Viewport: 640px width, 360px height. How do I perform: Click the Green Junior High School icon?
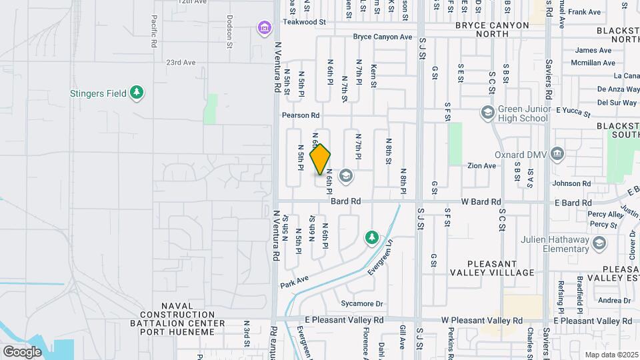click(487, 112)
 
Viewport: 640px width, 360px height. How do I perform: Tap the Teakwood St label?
click(304, 22)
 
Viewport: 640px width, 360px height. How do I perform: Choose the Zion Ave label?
click(481, 165)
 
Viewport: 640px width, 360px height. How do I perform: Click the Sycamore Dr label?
click(361, 304)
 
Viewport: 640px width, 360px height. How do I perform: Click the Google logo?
click(22, 351)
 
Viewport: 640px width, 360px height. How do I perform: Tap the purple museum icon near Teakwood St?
click(265, 28)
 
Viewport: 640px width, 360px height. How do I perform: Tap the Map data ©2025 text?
click(611, 355)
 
